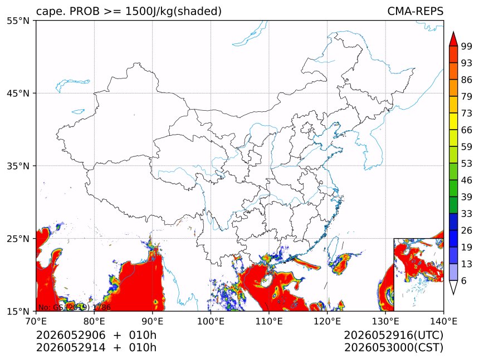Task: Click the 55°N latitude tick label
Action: tap(18, 21)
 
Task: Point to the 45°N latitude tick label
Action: tap(18, 93)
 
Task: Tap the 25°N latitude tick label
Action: tap(18, 239)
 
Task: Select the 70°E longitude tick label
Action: tap(36, 321)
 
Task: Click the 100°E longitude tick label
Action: tap(211, 321)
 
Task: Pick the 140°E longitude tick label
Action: tap(443, 321)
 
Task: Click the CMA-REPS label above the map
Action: tap(415, 11)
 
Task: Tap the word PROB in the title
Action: tap(85, 11)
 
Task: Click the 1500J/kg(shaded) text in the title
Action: tap(174, 12)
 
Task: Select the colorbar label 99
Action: tap(467, 46)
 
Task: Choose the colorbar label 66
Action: tap(467, 130)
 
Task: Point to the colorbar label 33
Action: tap(467, 214)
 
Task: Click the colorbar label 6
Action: tap(464, 280)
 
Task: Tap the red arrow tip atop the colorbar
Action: tap(453, 32)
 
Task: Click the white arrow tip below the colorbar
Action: tap(453, 294)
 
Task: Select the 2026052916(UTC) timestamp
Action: tap(393, 335)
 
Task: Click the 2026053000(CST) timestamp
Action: tap(393, 348)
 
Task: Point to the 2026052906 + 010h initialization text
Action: tap(96, 335)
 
